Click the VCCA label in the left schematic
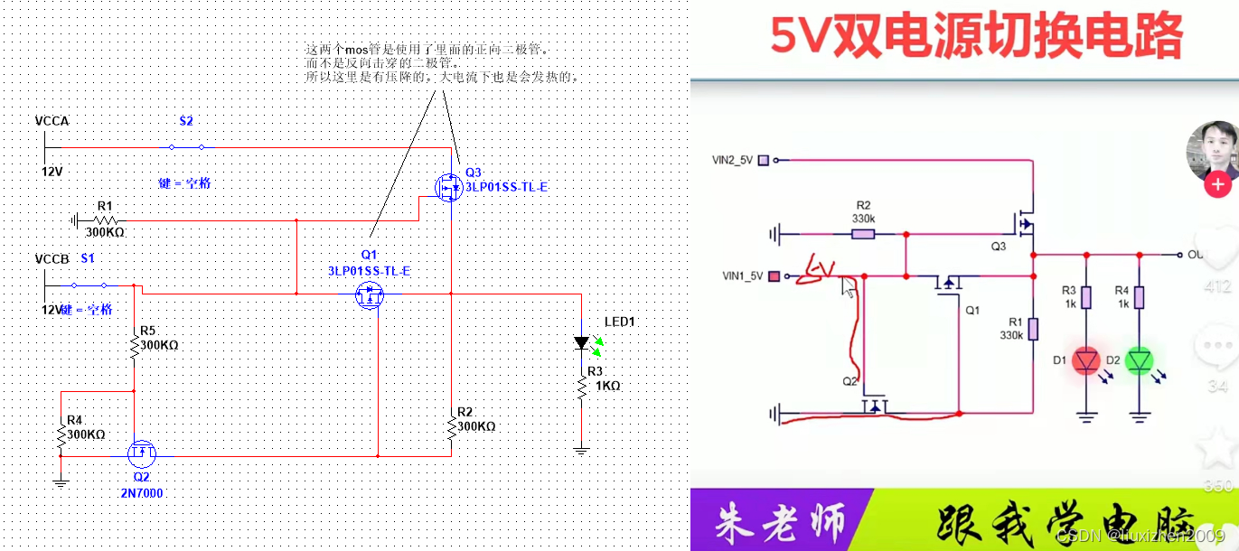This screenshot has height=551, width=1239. [52, 121]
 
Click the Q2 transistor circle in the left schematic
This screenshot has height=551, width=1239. [141, 451]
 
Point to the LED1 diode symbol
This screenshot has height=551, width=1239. [582, 343]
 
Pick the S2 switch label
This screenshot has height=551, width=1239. [185, 121]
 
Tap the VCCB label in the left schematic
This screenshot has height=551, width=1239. [52, 259]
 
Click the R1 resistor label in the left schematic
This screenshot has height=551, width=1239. [104, 206]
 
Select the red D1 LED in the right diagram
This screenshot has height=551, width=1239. [1086, 361]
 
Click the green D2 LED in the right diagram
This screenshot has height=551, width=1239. [1140, 361]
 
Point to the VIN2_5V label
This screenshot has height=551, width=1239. [733, 160]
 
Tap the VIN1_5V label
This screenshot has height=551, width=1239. [742, 275]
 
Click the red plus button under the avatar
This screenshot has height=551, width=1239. [1217, 185]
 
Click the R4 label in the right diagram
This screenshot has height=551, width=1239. [1122, 291]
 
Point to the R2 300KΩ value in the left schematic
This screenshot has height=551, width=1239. [475, 426]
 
